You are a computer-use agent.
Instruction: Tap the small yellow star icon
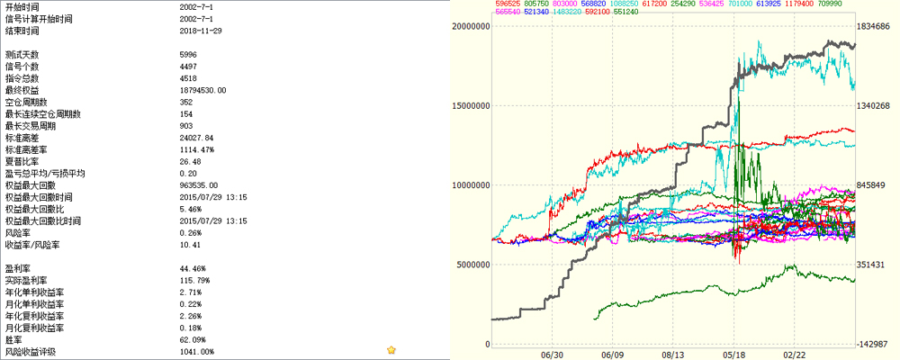pos(391,350)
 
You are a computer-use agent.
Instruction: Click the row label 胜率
pos(13,338)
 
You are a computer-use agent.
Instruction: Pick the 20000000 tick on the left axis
pos(469,26)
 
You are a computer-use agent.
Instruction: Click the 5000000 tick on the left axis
pos(472,265)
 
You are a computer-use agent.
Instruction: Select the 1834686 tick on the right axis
pos(872,26)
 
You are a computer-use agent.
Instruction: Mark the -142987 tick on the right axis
pos(872,344)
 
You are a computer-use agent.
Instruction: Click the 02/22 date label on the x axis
pos(794,355)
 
